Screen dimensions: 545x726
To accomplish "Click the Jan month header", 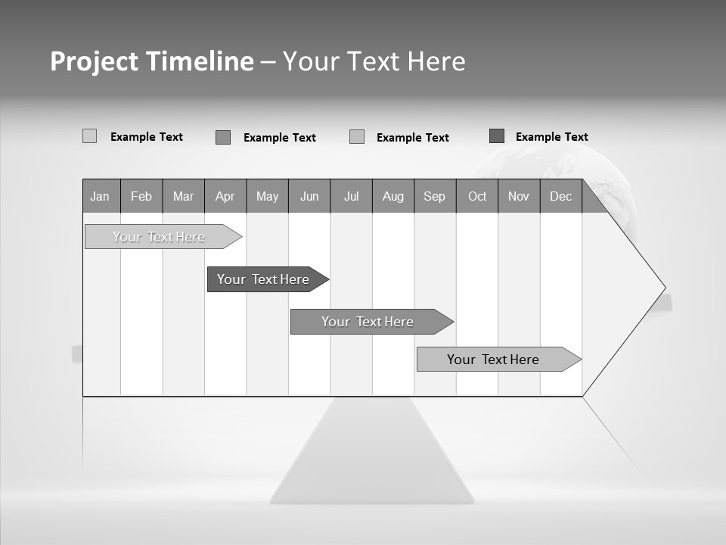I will pos(101,196).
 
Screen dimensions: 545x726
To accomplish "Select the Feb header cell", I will pos(141,196).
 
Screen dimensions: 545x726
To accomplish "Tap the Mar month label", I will pos(183,196).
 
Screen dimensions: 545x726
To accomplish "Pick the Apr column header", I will pos(225,196).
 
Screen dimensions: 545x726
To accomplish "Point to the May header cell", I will pos(267,196).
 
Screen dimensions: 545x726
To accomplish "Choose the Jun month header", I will pos(309,196).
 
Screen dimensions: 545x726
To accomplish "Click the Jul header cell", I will pos(351,196).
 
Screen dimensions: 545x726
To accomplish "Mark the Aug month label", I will pos(393,196).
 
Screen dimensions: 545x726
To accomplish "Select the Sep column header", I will pos(435,196).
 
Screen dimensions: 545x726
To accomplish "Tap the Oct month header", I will pos(477,196).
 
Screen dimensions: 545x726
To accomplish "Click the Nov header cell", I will pos(519,196).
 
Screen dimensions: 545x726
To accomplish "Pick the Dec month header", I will pos(561,196).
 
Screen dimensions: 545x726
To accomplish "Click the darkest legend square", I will pos(497,136).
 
